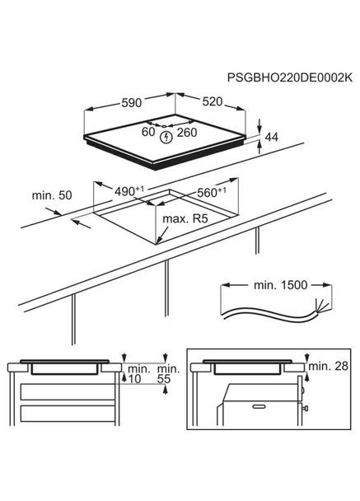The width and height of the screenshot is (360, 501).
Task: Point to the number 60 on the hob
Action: click(x=147, y=131)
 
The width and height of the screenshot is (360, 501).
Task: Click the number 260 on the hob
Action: click(x=187, y=132)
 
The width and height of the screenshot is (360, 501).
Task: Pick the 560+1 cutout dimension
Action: click(x=210, y=192)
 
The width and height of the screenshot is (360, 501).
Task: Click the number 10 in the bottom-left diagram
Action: click(x=136, y=380)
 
